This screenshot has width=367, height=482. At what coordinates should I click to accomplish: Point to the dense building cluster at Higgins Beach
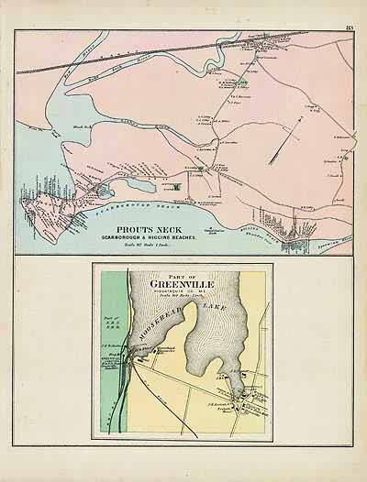(294, 240)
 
